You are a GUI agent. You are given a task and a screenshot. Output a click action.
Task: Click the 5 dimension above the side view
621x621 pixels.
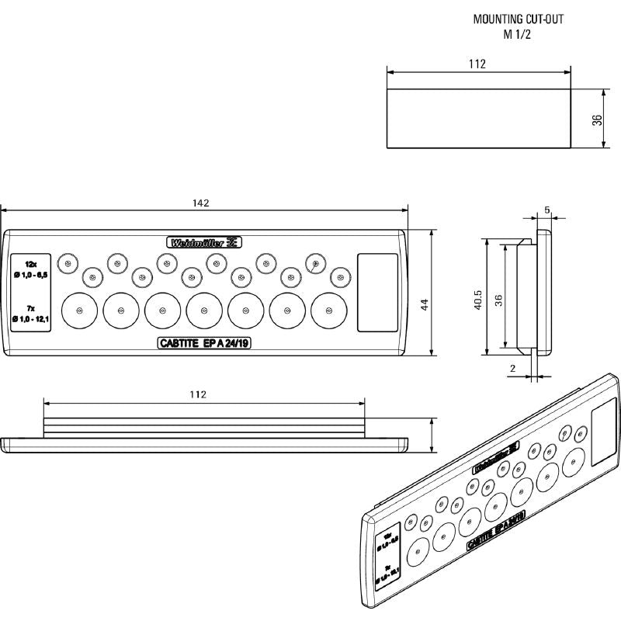click(547, 210)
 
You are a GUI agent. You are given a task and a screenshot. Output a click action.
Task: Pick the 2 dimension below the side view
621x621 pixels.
click(514, 369)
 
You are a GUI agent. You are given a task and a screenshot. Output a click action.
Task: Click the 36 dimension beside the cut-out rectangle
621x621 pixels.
click(597, 120)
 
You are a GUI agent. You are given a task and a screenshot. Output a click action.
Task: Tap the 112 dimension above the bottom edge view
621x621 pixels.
click(198, 394)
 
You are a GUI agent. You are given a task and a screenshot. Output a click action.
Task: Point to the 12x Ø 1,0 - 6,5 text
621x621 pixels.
click(31, 270)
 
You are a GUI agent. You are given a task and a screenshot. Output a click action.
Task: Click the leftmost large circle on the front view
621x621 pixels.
click(78, 310)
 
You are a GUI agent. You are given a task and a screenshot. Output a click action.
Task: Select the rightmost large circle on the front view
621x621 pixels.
click(329, 310)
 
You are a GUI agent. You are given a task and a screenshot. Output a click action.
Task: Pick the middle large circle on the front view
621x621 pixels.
click(204, 310)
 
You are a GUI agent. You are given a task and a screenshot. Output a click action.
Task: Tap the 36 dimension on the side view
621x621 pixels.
click(499, 299)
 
